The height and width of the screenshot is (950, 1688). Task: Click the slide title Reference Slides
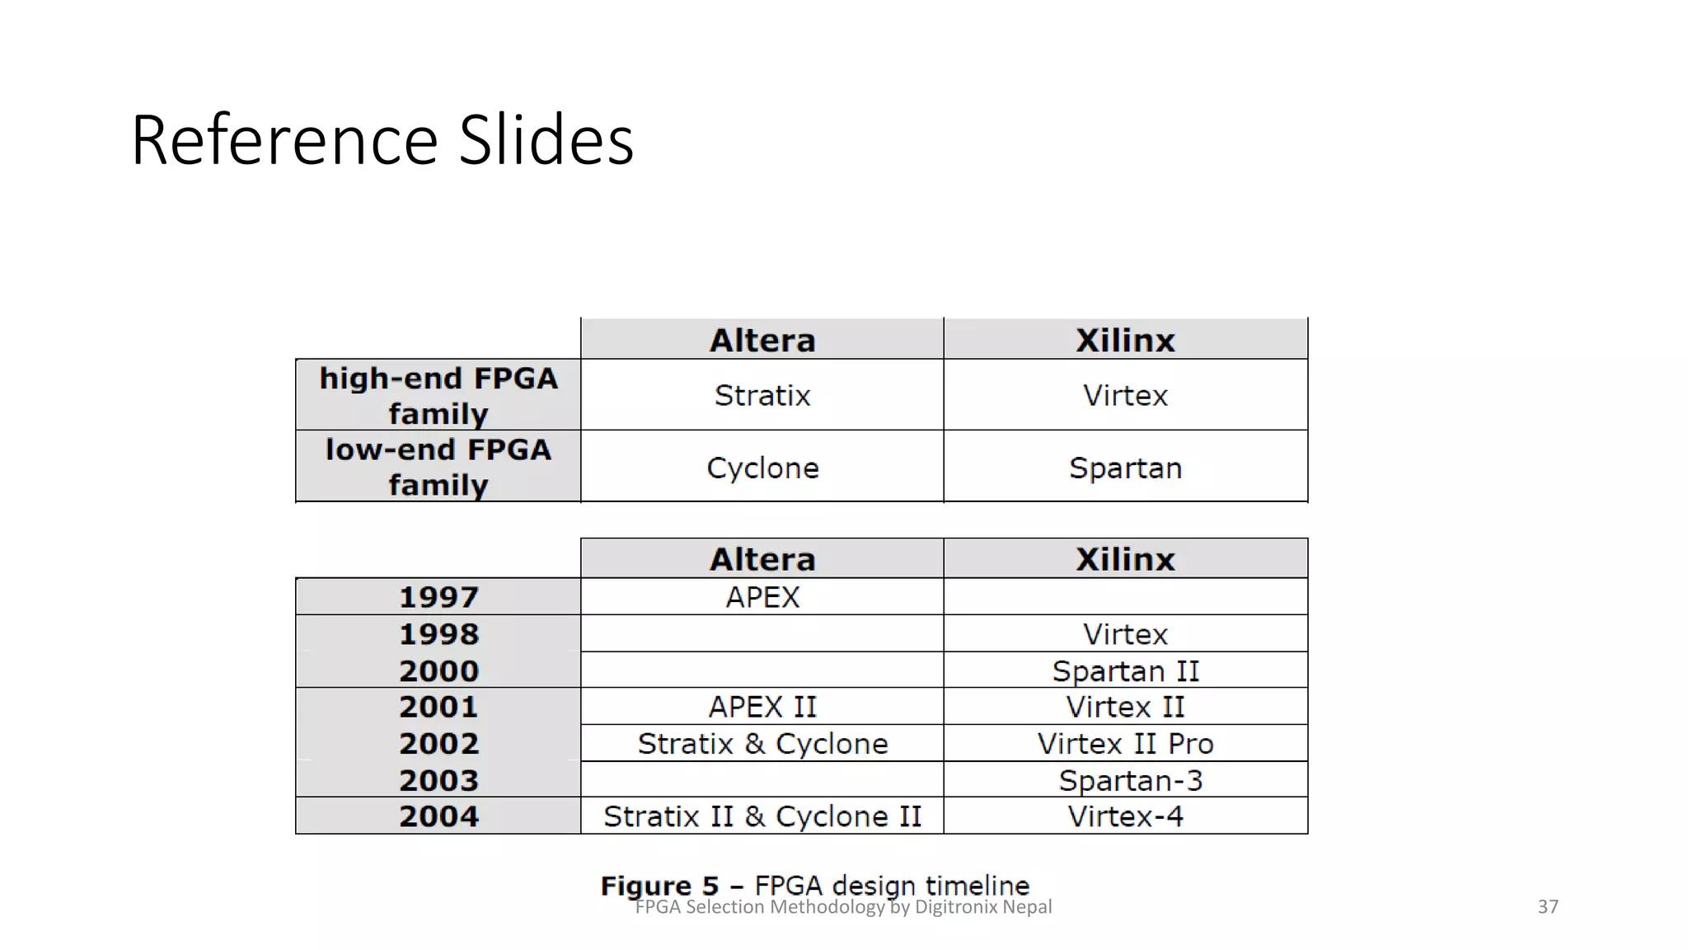pyautogui.click(x=382, y=140)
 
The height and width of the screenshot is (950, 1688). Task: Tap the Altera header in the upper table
pyautogui.click(x=762, y=341)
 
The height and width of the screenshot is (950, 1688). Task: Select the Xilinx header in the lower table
pyautogui.click(x=1125, y=560)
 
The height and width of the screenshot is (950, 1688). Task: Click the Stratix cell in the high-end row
pyautogui.click(x=762, y=396)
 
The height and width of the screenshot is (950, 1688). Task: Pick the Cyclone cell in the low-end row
pyautogui.click(x=762, y=468)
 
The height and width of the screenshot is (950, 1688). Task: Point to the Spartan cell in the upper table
pyautogui.click(x=1125, y=468)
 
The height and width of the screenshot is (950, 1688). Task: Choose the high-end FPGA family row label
pyautogui.click(x=438, y=396)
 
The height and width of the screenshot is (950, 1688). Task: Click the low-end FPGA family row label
pyautogui.click(x=438, y=468)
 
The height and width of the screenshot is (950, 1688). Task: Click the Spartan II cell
pyautogui.click(x=1125, y=671)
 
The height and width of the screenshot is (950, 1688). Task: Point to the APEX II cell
pyautogui.click(x=762, y=708)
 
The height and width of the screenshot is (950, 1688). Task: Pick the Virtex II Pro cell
pyautogui.click(x=1125, y=744)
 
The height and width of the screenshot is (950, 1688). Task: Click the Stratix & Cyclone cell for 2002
pyautogui.click(x=762, y=744)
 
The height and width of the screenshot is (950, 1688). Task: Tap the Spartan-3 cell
pyautogui.click(x=1130, y=781)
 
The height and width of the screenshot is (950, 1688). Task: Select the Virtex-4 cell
pyautogui.click(x=1125, y=816)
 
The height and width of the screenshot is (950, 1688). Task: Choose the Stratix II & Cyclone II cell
pyautogui.click(x=762, y=816)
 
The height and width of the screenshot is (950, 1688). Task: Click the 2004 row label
pyautogui.click(x=438, y=816)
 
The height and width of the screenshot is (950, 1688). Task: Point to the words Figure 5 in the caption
pyautogui.click(x=659, y=886)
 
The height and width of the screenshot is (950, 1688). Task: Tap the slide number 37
pyautogui.click(x=1548, y=907)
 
